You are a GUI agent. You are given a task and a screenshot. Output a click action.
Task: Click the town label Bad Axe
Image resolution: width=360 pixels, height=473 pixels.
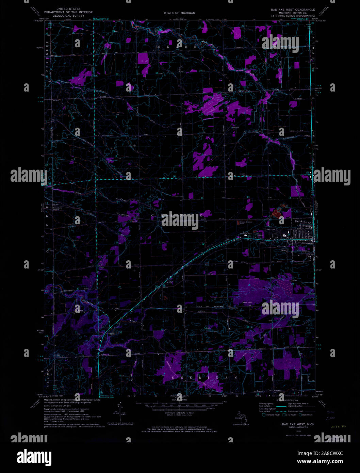[299, 222]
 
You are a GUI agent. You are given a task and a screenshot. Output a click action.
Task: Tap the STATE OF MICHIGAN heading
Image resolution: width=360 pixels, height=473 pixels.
[180, 13]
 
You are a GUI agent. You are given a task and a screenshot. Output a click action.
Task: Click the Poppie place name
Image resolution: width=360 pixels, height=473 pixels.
[111, 334]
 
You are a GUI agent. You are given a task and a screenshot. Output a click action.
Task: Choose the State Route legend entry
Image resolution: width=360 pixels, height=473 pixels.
[307, 415]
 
